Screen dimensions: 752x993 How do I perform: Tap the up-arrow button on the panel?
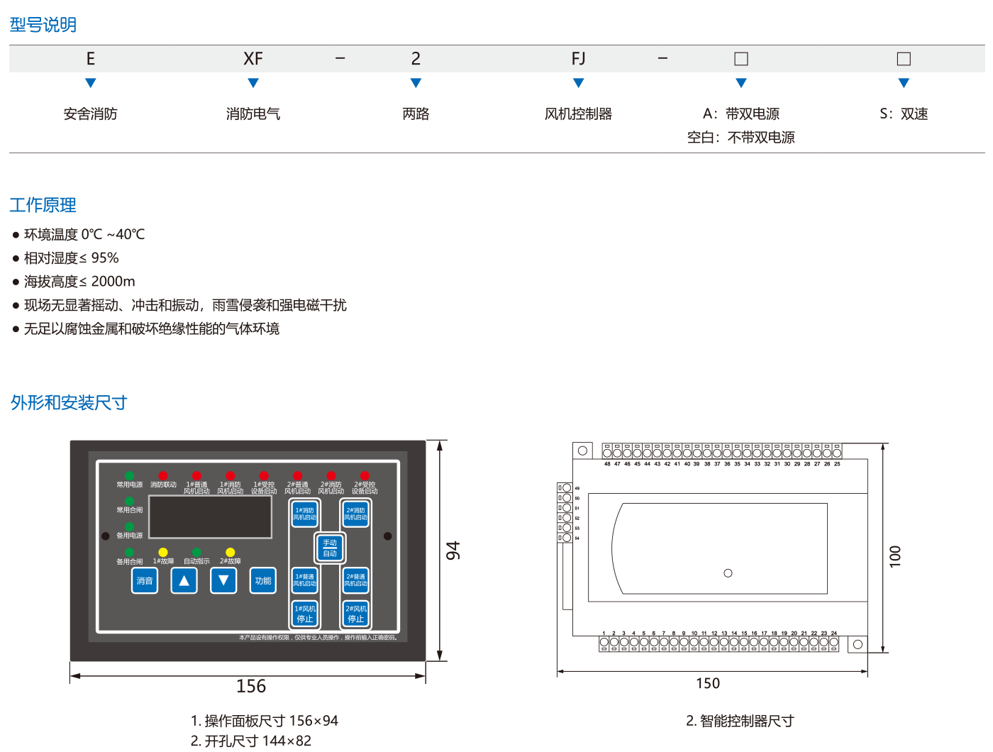(184, 580)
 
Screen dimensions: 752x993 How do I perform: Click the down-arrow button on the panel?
(223, 580)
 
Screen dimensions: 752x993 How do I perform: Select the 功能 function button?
(263, 580)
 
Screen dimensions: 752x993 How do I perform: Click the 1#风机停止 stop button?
(305, 614)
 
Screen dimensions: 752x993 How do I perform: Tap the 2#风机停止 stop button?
(356, 614)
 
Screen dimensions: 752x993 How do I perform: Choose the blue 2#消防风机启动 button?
(356, 514)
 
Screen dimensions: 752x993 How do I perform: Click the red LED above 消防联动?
(163, 475)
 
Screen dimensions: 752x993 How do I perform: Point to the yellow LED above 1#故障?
(163, 552)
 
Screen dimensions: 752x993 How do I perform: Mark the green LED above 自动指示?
(196, 552)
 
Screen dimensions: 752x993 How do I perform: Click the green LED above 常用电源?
(129, 475)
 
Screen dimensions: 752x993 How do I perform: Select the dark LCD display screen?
(210, 517)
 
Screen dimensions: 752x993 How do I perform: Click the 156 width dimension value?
(251, 686)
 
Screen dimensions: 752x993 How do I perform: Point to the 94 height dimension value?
(453, 550)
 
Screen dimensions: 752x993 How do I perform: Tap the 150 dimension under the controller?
(708, 683)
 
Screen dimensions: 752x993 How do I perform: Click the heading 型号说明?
(43, 26)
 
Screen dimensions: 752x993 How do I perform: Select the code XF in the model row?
(253, 59)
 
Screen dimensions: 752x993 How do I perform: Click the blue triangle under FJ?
(579, 84)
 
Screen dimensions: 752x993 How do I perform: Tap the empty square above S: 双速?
(904, 59)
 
